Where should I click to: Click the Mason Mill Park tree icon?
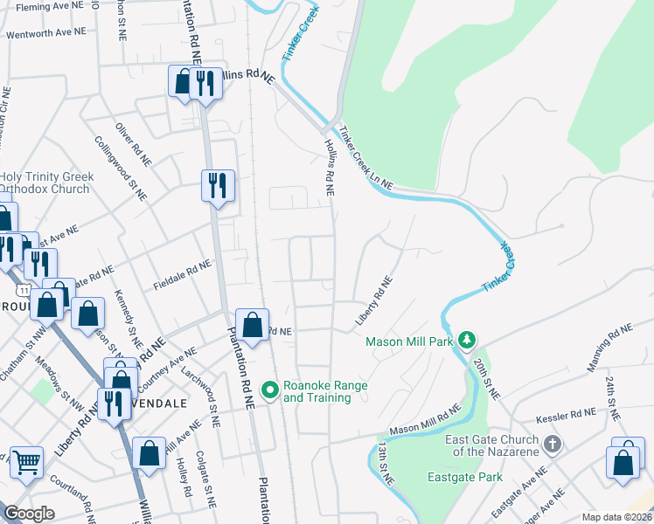[468, 340]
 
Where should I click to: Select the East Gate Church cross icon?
[551, 445]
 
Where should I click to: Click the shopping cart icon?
[26, 463]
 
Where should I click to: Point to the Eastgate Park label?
[464, 477]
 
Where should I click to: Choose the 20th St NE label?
[485, 378]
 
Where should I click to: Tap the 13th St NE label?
[386, 462]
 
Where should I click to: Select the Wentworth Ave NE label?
[45, 33]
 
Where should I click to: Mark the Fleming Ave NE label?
[49, 5]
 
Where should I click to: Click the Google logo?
[29, 514]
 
